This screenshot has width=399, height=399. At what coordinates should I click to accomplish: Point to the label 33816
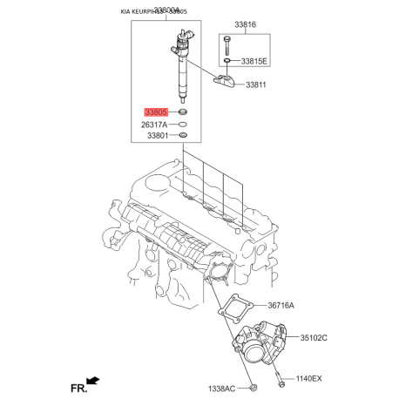pos(245,27)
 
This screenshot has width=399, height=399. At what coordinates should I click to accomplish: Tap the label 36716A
pos(281,306)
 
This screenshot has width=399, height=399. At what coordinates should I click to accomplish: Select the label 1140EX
pos(308,379)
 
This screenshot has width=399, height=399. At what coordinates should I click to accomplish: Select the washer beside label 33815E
pos(227,61)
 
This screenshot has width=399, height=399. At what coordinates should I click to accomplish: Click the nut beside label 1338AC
pos(253,386)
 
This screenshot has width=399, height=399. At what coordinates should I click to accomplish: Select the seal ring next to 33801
pos(183,136)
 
